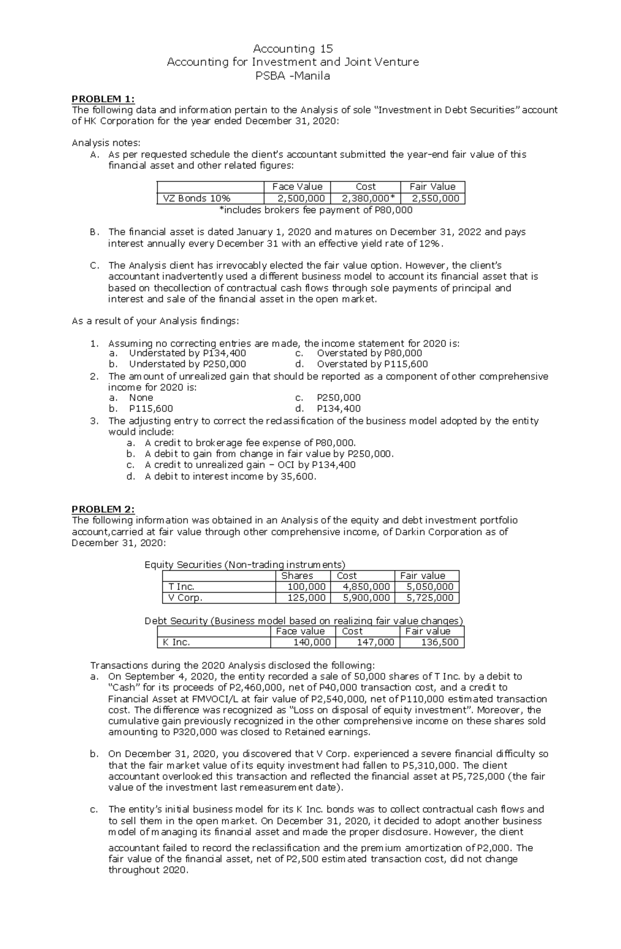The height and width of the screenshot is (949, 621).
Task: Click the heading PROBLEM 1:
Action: coord(102,99)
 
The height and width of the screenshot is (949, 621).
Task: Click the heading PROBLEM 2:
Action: coord(102,509)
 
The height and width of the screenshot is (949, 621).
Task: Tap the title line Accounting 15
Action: coord(292,49)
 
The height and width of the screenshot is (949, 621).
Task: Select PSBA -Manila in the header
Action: coord(292,76)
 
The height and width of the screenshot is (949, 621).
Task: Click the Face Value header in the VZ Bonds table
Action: coord(297,187)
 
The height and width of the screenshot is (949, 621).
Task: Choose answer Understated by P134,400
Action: coord(187,353)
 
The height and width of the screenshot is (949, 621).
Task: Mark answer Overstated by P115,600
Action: coord(372,364)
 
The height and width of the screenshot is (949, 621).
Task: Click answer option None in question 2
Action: coord(141,398)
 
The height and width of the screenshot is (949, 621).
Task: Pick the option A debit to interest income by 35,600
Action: coord(230,476)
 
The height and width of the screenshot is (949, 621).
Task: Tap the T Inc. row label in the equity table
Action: coord(178,586)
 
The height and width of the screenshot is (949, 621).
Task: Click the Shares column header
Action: coord(297,576)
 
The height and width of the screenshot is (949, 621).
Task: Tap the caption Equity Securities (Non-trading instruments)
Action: coord(245,564)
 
